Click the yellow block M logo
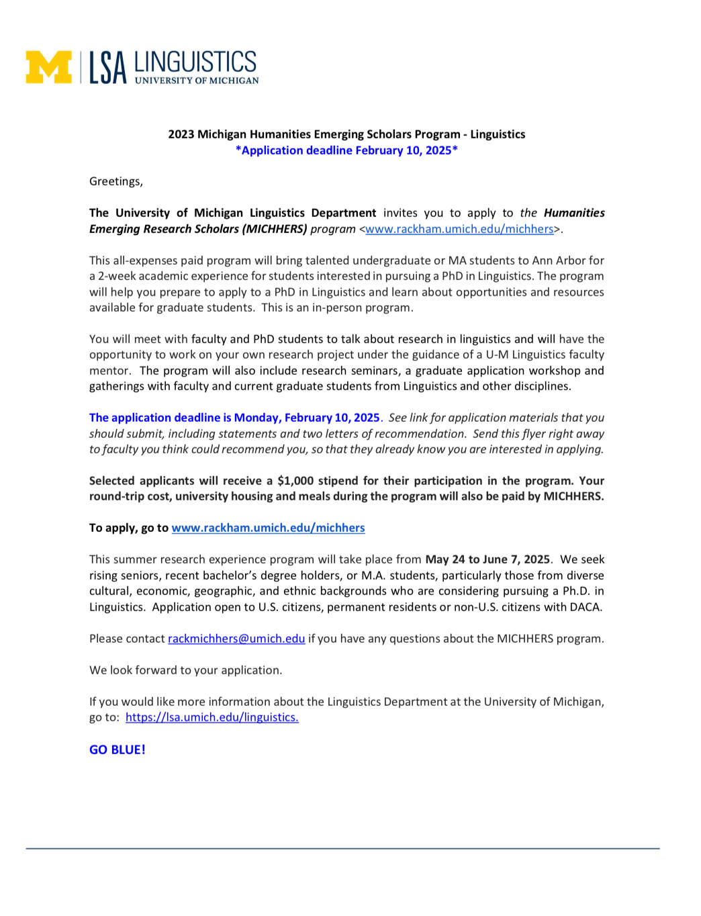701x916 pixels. pos(48,67)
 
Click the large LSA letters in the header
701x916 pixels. pos(108,68)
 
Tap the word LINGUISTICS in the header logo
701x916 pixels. pos(195,62)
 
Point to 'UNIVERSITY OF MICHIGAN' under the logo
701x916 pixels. pos(197,81)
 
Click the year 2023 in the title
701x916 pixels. pos(181,134)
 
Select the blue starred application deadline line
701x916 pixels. pos(346,150)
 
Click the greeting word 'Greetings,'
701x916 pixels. pos(116,181)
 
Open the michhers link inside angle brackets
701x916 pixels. pos(459,229)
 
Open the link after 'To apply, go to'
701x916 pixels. pos(268,528)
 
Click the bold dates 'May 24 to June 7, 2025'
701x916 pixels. pos(487,559)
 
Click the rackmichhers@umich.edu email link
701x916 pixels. pos(236,639)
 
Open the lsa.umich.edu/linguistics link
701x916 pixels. pos(212,717)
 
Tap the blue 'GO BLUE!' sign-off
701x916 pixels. pos(118,749)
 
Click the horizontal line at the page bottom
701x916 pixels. pos(342,849)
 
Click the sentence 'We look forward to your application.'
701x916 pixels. pos(185,670)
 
